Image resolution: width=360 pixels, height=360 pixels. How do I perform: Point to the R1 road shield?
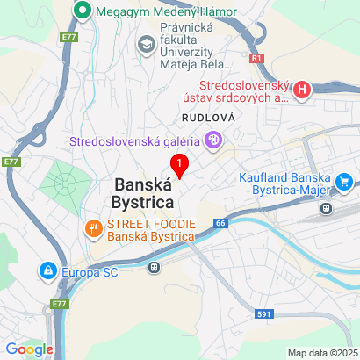[x=256, y=58]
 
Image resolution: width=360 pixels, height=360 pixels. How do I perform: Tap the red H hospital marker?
[x=303, y=90]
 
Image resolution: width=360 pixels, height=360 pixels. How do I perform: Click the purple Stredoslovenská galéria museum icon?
[x=212, y=139]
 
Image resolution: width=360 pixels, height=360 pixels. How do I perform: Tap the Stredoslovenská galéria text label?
[x=134, y=140]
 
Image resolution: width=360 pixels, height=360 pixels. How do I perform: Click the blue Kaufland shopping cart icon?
[x=344, y=183]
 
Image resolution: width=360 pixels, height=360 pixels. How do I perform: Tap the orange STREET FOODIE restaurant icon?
[x=93, y=230]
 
